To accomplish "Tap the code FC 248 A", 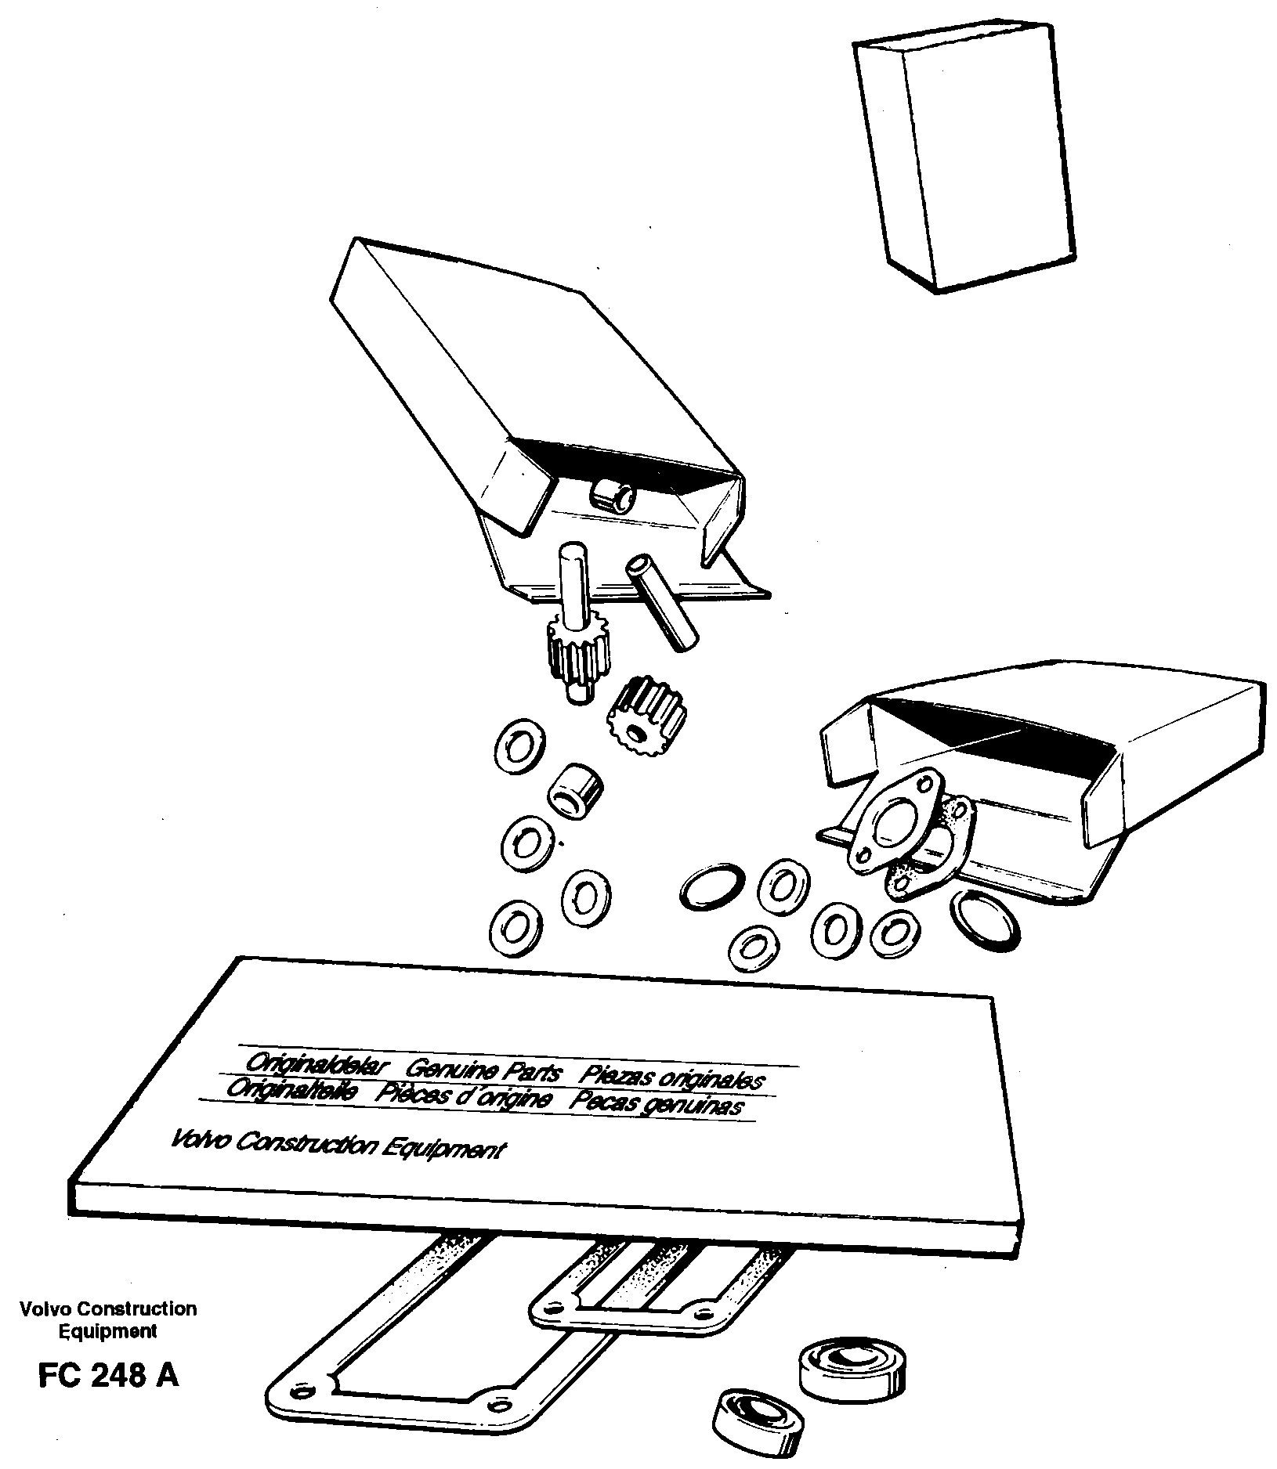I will [x=108, y=1375].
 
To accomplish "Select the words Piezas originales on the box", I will [x=671, y=1077].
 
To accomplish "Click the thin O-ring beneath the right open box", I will [x=986, y=919].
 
